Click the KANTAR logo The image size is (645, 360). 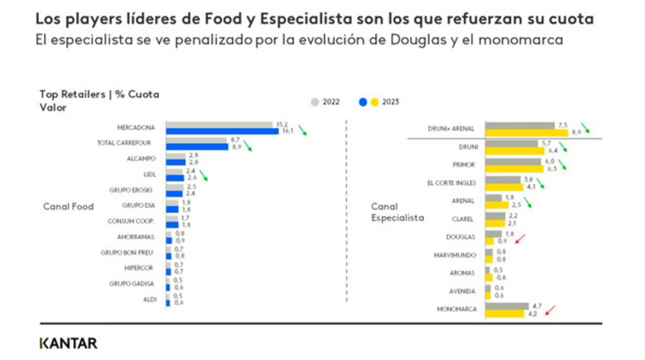67,343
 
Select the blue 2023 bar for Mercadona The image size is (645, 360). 222,130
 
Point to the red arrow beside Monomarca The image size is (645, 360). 550,310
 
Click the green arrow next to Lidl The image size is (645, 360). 204,175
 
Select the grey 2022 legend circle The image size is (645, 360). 314,102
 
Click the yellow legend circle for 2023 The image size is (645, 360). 374,102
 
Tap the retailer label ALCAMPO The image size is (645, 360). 144,159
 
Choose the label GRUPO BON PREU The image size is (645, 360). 134,253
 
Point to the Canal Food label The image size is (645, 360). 67,206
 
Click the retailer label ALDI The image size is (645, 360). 152,299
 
